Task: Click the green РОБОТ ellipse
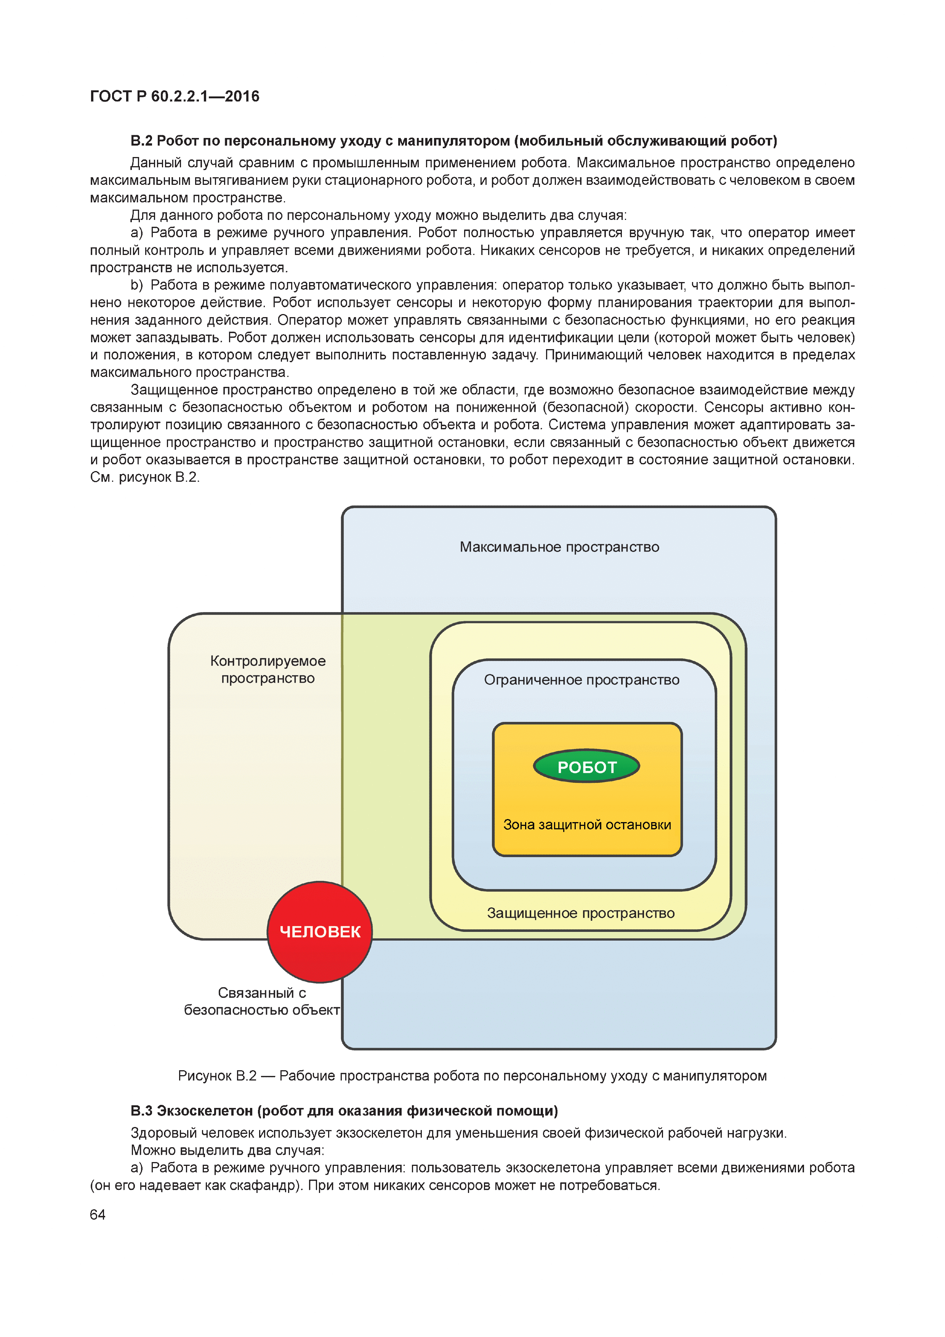tap(586, 766)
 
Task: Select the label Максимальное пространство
tap(559, 547)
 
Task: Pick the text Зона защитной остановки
tap(587, 824)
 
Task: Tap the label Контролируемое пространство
tap(268, 669)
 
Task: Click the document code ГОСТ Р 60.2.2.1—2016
tap(175, 96)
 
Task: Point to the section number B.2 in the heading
tap(141, 141)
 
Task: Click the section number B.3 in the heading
tap(141, 1111)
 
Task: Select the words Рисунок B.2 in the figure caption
tap(216, 1076)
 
